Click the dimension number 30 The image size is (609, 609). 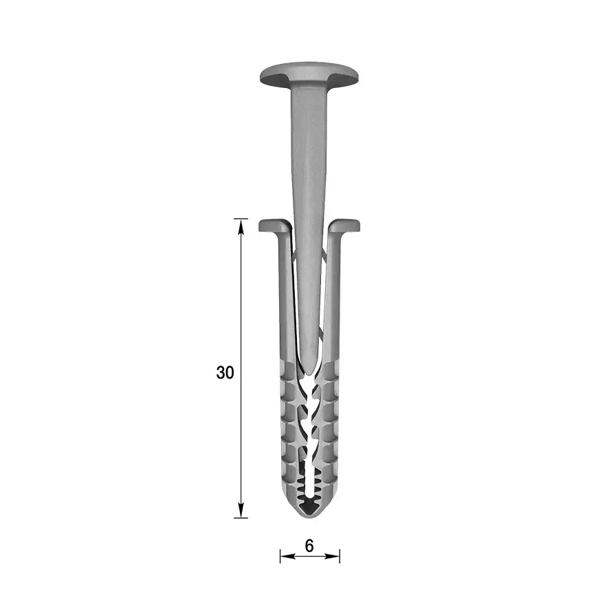(225, 373)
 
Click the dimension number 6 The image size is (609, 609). (309, 546)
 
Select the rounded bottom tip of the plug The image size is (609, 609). (310, 513)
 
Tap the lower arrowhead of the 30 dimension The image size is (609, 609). (241, 510)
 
